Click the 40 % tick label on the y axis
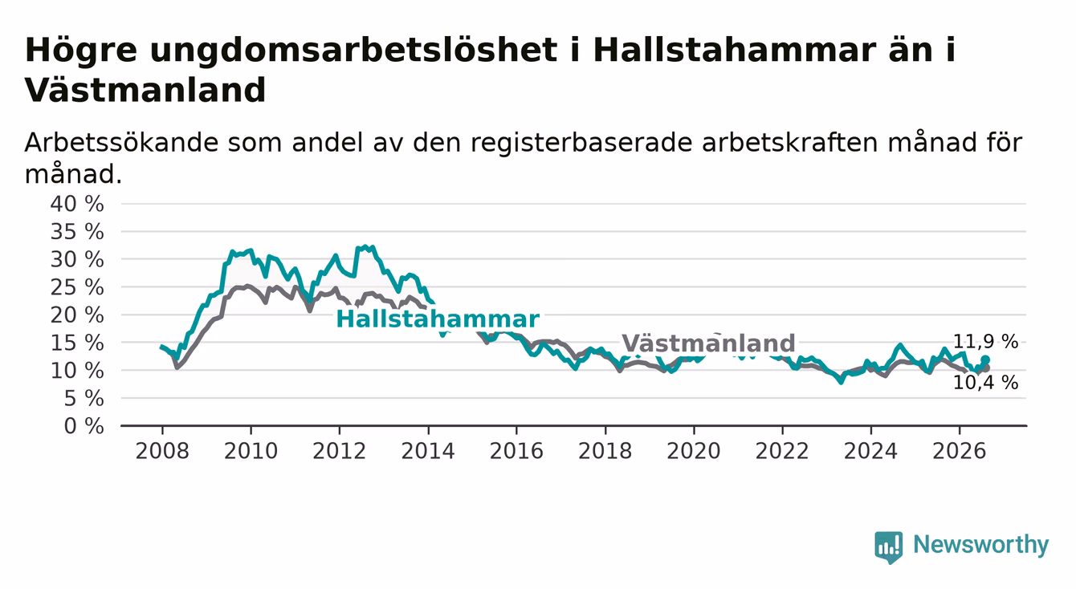tap(77, 204)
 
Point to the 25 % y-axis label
tap(77, 287)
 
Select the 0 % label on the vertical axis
tap(84, 426)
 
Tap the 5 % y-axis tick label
tap(84, 399)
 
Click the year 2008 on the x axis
tap(162, 452)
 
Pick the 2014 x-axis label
tap(428, 452)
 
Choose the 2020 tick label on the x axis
tap(694, 452)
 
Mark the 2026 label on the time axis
tap(960, 452)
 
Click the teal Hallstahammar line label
tap(438, 319)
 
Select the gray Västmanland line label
tap(708, 343)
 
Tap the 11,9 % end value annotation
tap(985, 342)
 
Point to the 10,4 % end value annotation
tap(985, 383)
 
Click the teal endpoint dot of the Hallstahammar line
tap(985, 359)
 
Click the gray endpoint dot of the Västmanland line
tap(986, 368)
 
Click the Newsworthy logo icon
tap(889, 547)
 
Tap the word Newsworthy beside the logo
tap(981, 545)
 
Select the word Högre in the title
tap(80, 51)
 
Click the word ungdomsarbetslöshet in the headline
tap(353, 51)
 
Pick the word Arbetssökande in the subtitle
tap(121, 143)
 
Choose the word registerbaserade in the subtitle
tap(581, 144)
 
